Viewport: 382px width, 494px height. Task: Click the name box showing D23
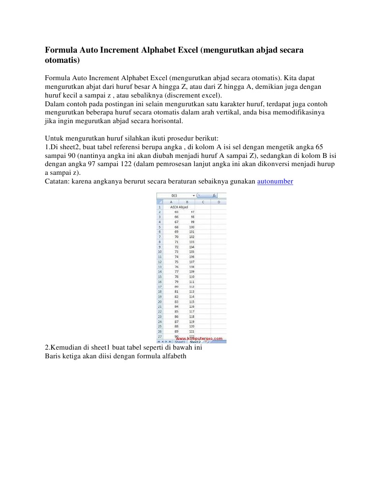click(x=175, y=196)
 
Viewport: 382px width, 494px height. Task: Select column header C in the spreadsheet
click(x=203, y=201)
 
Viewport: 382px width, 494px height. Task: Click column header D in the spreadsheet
click(x=219, y=201)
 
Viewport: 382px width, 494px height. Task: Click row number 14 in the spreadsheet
click(x=160, y=271)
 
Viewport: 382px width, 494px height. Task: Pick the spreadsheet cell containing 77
click(x=176, y=271)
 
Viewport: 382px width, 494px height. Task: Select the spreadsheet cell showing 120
click(x=192, y=326)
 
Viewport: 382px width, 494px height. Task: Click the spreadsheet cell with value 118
click(x=192, y=316)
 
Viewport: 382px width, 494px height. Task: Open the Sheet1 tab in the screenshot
click(x=179, y=341)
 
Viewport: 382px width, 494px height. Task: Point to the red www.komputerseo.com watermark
click(x=202, y=339)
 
